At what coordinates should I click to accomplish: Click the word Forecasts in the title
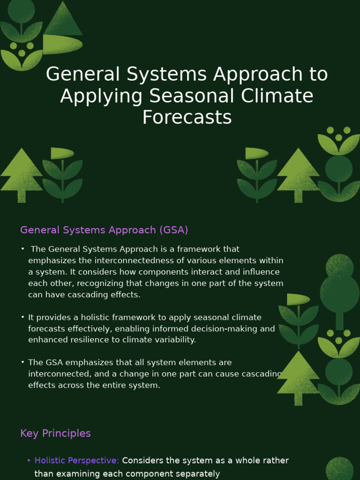pos(187,117)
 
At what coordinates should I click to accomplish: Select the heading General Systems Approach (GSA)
pos(104,230)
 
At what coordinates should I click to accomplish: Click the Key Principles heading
pos(55,433)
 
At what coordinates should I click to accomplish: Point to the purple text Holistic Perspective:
pos(77,460)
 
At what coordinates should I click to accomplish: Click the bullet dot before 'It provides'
pos(22,317)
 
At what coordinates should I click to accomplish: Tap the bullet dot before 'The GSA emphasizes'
pos(22,362)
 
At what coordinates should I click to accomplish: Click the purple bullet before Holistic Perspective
pos(29,461)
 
